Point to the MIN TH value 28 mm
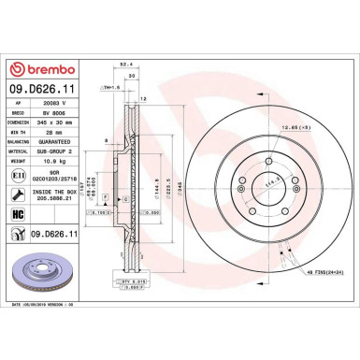pos(52,133)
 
